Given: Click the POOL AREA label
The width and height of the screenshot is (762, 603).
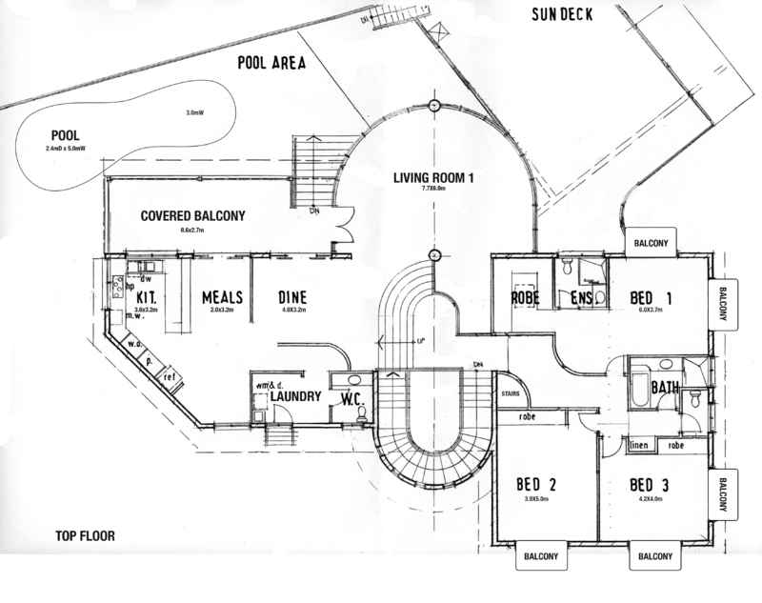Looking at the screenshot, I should tap(271, 64).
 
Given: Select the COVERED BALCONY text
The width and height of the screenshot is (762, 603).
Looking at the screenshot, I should tap(192, 216).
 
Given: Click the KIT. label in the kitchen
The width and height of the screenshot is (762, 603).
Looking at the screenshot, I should tap(146, 297).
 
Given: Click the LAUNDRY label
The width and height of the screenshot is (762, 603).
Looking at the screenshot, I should tap(293, 397).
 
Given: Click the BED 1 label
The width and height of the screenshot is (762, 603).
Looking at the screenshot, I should tap(652, 299).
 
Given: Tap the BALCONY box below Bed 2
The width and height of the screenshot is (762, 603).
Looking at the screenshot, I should tap(543, 556).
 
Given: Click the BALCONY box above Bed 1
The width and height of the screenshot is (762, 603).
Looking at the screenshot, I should tap(652, 243).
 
